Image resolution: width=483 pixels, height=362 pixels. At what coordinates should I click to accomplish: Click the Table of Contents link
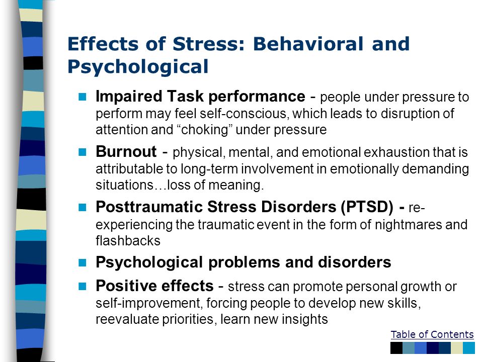432,335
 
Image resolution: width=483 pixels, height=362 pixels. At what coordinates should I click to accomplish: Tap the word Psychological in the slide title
138,67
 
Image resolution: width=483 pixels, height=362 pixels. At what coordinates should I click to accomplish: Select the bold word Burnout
126,151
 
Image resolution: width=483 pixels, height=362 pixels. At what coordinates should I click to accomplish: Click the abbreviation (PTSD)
367,207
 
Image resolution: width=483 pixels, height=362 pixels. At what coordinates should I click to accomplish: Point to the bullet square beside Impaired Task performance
83,97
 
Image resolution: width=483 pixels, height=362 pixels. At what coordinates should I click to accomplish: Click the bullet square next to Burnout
83,152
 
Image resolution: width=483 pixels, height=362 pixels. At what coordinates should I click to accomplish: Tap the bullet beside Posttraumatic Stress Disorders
83,207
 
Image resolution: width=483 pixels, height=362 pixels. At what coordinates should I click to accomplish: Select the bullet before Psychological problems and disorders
83,262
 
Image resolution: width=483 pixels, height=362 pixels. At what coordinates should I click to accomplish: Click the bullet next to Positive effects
83,286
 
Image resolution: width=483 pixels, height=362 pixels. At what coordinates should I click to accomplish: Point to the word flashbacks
128,241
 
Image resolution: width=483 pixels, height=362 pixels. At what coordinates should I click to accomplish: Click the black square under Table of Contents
396,348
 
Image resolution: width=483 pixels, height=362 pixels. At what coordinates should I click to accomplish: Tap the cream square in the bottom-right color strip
457,348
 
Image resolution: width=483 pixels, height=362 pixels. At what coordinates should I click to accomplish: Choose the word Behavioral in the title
308,44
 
